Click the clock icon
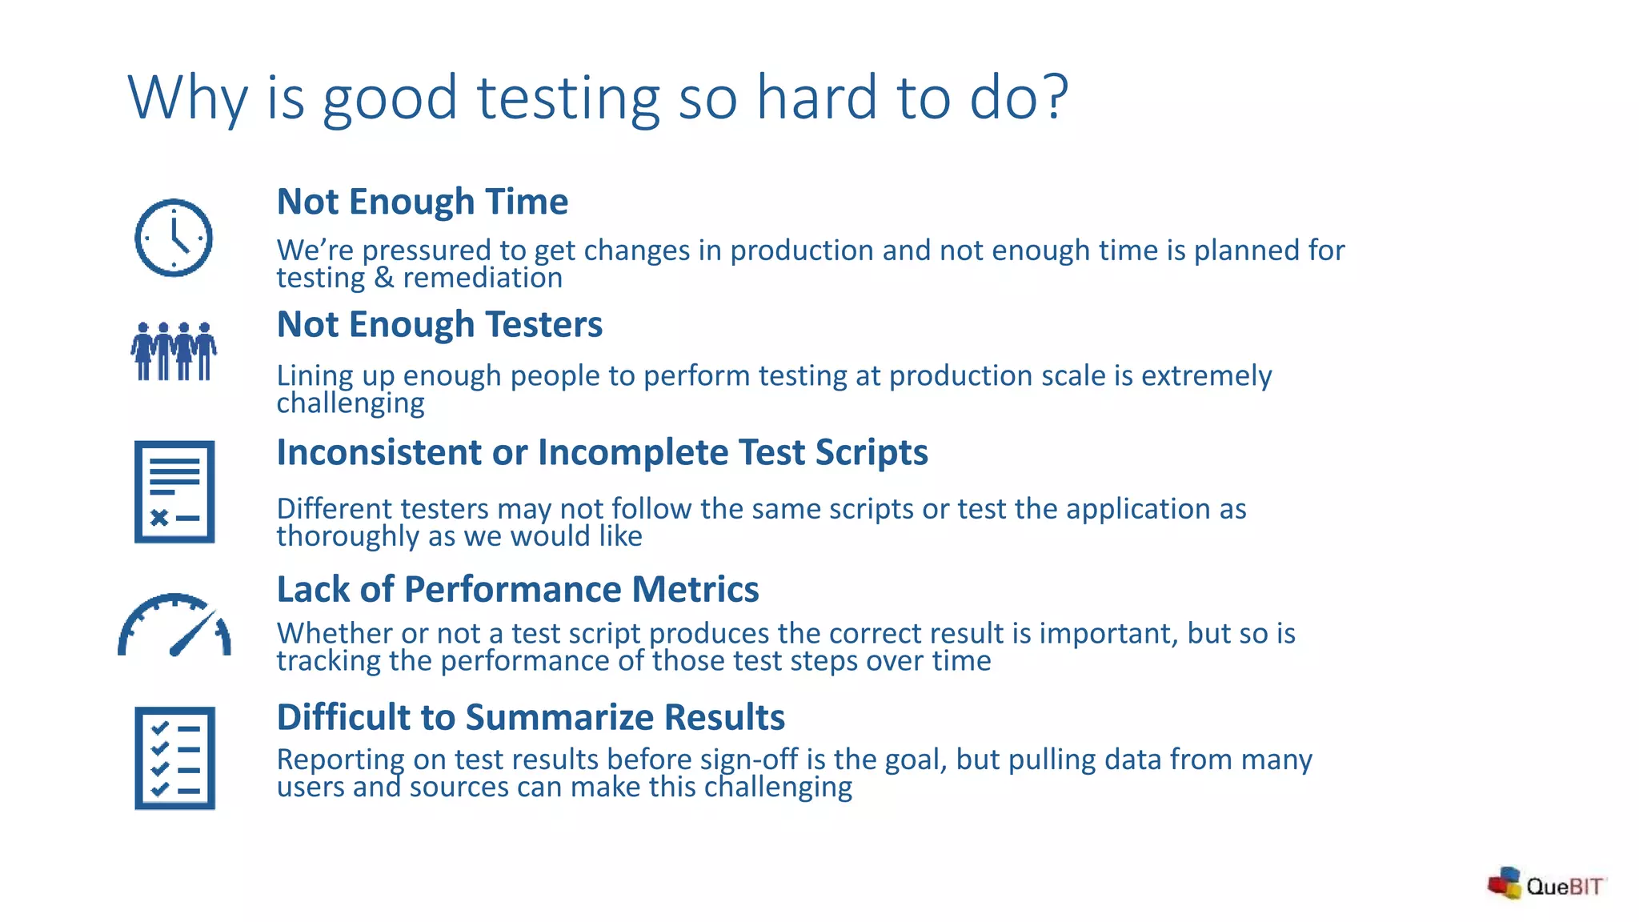tap(174, 238)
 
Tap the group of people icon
tap(174, 351)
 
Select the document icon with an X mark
tap(174, 491)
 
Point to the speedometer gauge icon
tap(174, 625)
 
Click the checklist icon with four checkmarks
tap(174, 757)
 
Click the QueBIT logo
tap(1546, 884)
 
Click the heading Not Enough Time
tap(422, 202)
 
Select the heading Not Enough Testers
tap(439, 325)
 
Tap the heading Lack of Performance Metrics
tap(517, 590)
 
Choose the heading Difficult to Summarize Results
tap(530, 717)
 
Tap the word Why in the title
tap(187, 98)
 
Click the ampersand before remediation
tap(383, 278)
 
